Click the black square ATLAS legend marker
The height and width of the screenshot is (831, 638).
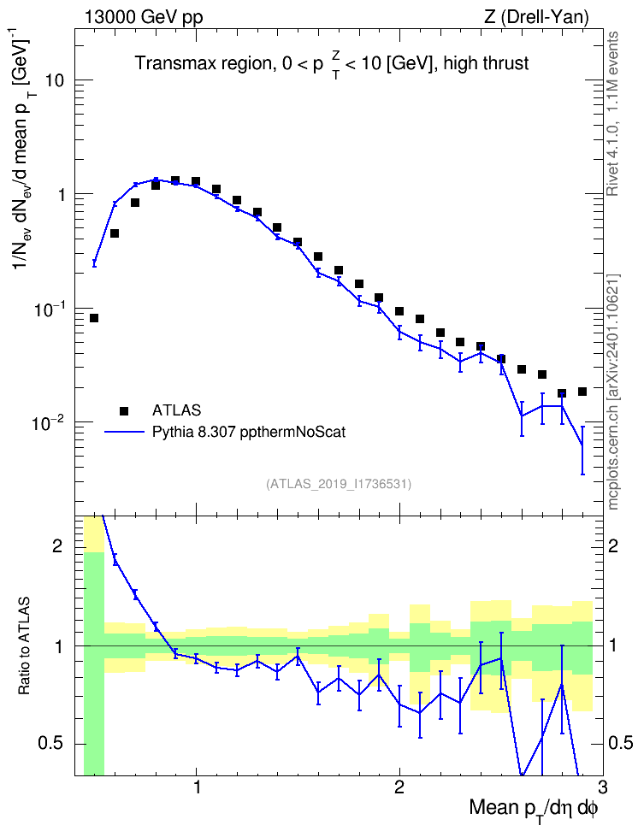tap(124, 410)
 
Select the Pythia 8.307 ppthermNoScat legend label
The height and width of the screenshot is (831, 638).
tap(249, 432)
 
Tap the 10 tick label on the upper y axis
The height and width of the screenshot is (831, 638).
tap(54, 80)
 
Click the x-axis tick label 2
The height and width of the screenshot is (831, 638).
tap(399, 786)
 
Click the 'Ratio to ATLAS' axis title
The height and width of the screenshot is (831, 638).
tap(24, 645)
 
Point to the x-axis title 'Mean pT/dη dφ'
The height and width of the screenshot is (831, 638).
tap(534, 810)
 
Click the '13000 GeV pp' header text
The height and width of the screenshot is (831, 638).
tap(144, 17)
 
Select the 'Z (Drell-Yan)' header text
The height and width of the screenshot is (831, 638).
tap(536, 17)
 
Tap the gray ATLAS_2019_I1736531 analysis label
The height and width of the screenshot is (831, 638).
tap(338, 483)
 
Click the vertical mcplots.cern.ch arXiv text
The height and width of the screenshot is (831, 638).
tap(613, 392)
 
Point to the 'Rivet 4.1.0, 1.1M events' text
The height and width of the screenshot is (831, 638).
tap(612, 114)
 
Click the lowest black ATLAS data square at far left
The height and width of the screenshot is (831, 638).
tap(94, 318)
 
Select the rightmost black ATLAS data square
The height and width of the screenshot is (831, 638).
tap(582, 392)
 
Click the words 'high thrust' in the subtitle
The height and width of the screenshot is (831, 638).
tap(486, 63)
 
